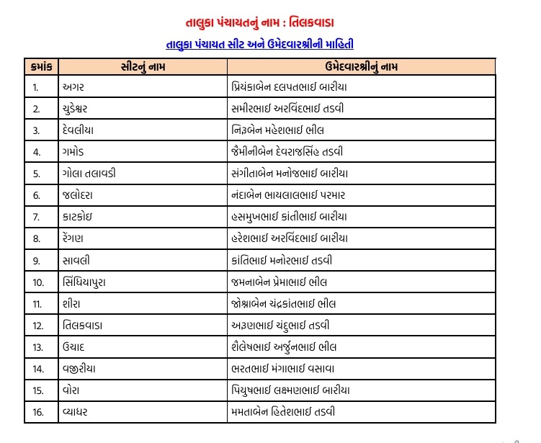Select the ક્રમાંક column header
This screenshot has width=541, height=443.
tap(40, 66)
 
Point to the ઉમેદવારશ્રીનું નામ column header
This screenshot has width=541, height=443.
tap(361, 66)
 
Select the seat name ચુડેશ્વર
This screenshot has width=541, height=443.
tap(79, 109)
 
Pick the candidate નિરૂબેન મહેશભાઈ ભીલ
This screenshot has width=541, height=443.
tap(278, 130)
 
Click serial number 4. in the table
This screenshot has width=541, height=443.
tap(36, 152)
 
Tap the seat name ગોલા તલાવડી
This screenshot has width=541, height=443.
tap(89, 173)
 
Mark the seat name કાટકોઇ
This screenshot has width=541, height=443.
tap(77, 216)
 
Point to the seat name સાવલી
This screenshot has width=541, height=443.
tap(76, 259)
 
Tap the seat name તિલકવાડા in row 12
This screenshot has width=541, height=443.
tap(82, 325)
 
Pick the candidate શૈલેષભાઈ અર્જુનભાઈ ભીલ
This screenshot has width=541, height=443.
tap(285, 346)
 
